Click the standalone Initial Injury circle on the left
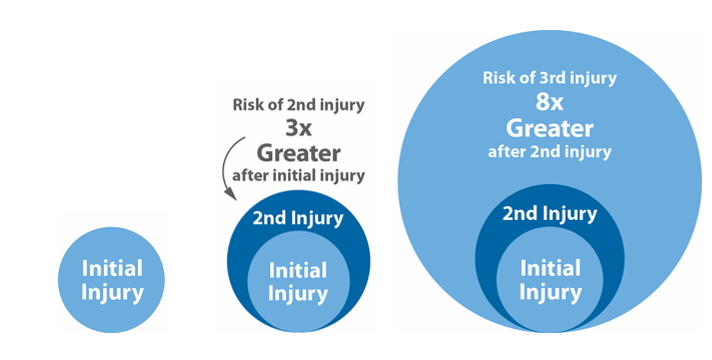pyautogui.click(x=112, y=281)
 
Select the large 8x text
pyautogui.click(x=549, y=104)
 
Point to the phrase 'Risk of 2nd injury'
pyautogui.click(x=298, y=104)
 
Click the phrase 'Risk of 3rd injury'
pyautogui.click(x=547, y=78)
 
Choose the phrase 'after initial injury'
pyautogui.click(x=299, y=176)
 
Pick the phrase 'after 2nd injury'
pyautogui.click(x=549, y=152)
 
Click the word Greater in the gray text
pyautogui.click(x=299, y=154)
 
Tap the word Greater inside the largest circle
pyautogui.click(x=549, y=128)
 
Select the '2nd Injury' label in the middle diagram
pyautogui.click(x=298, y=218)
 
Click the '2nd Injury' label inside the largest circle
pyautogui.click(x=549, y=213)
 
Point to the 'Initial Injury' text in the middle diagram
pyautogui.click(x=298, y=282)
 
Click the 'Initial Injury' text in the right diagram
pyautogui.click(x=550, y=281)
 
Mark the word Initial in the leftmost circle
pyautogui.click(x=112, y=268)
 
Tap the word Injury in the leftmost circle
pyautogui.click(x=112, y=294)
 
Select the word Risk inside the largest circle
pyautogui.click(x=498, y=78)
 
